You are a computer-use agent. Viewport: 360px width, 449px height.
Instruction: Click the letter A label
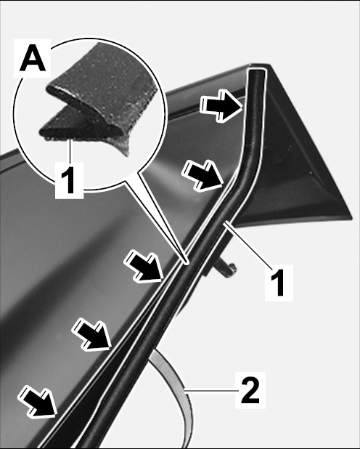tap(33, 59)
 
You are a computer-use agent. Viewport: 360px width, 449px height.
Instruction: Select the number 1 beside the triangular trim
tap(279, 283)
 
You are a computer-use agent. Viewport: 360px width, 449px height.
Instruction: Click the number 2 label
tap(250, 389)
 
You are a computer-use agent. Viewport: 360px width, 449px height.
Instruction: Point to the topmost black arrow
tap(222, 106)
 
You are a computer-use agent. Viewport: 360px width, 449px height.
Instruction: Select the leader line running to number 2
tap(213, 389)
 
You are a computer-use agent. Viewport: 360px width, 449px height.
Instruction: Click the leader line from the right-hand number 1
tap(247, 244)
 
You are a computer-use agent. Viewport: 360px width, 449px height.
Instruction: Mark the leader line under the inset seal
tap(69, 151)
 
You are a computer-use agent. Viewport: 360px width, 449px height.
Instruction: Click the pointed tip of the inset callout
tap(187, 262)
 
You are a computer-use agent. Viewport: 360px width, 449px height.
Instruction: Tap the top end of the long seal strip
tap(257, 70)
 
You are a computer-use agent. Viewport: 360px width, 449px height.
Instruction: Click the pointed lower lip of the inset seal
tap(126, 154)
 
